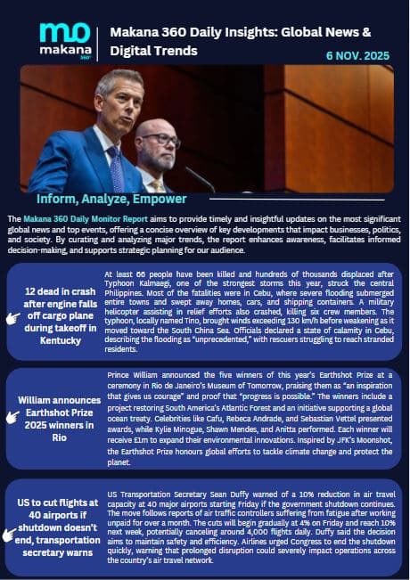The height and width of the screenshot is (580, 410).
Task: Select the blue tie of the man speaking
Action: [x=116, y=168]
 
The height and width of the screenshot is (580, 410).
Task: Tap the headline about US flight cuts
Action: [x=59, y=528]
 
